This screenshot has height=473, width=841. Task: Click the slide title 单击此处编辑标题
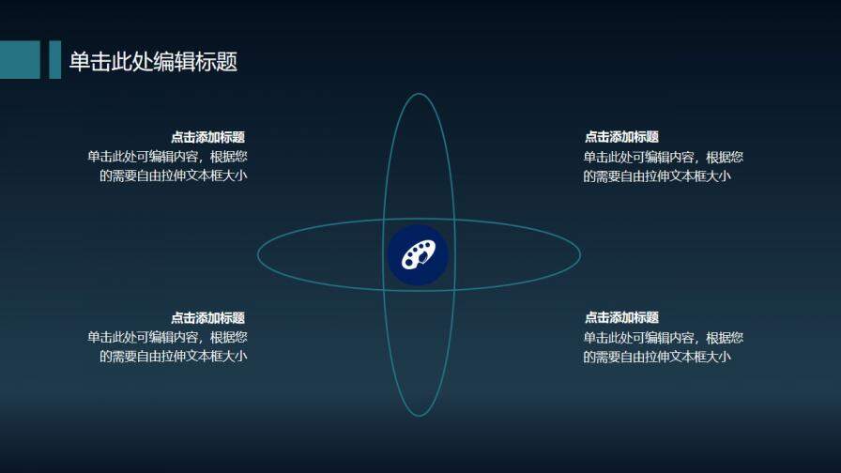[x=153, y=61]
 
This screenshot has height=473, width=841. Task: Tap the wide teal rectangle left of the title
[x=20, y=59]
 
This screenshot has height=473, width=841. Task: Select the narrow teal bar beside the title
[x=54, y=59]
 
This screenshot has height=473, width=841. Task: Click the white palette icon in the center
[x=418, y=254]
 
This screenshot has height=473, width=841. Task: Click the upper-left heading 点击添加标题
[x=208, y=137]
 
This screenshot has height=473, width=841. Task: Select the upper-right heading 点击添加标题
[x=621, y=137]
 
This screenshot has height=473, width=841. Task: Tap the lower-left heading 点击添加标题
[x=208, y=318]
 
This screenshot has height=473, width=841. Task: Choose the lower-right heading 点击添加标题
[x=621, y=318]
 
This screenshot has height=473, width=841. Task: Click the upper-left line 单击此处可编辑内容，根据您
[x=167, y=157]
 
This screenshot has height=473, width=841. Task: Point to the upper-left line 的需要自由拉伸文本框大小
[x=174, y=175]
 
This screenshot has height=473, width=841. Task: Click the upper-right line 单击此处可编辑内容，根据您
[x=663, y=157]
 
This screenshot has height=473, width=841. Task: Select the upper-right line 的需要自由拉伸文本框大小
[x=656, y=175]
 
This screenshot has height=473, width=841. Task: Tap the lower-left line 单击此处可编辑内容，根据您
[x=167, y=337]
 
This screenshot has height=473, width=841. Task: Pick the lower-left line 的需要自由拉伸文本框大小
[x=174, y=356]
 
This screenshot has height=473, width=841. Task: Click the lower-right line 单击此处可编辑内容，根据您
[x=663, y=337]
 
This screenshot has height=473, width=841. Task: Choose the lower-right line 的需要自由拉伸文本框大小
[x=656, y=356]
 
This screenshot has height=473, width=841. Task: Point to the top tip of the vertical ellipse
[x=419, y=94]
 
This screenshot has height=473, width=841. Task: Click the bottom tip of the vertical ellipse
[x=419, y=415]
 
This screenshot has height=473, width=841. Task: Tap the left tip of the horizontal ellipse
[x=258, y=254]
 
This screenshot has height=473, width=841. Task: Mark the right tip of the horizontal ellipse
[x=580, y=254]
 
